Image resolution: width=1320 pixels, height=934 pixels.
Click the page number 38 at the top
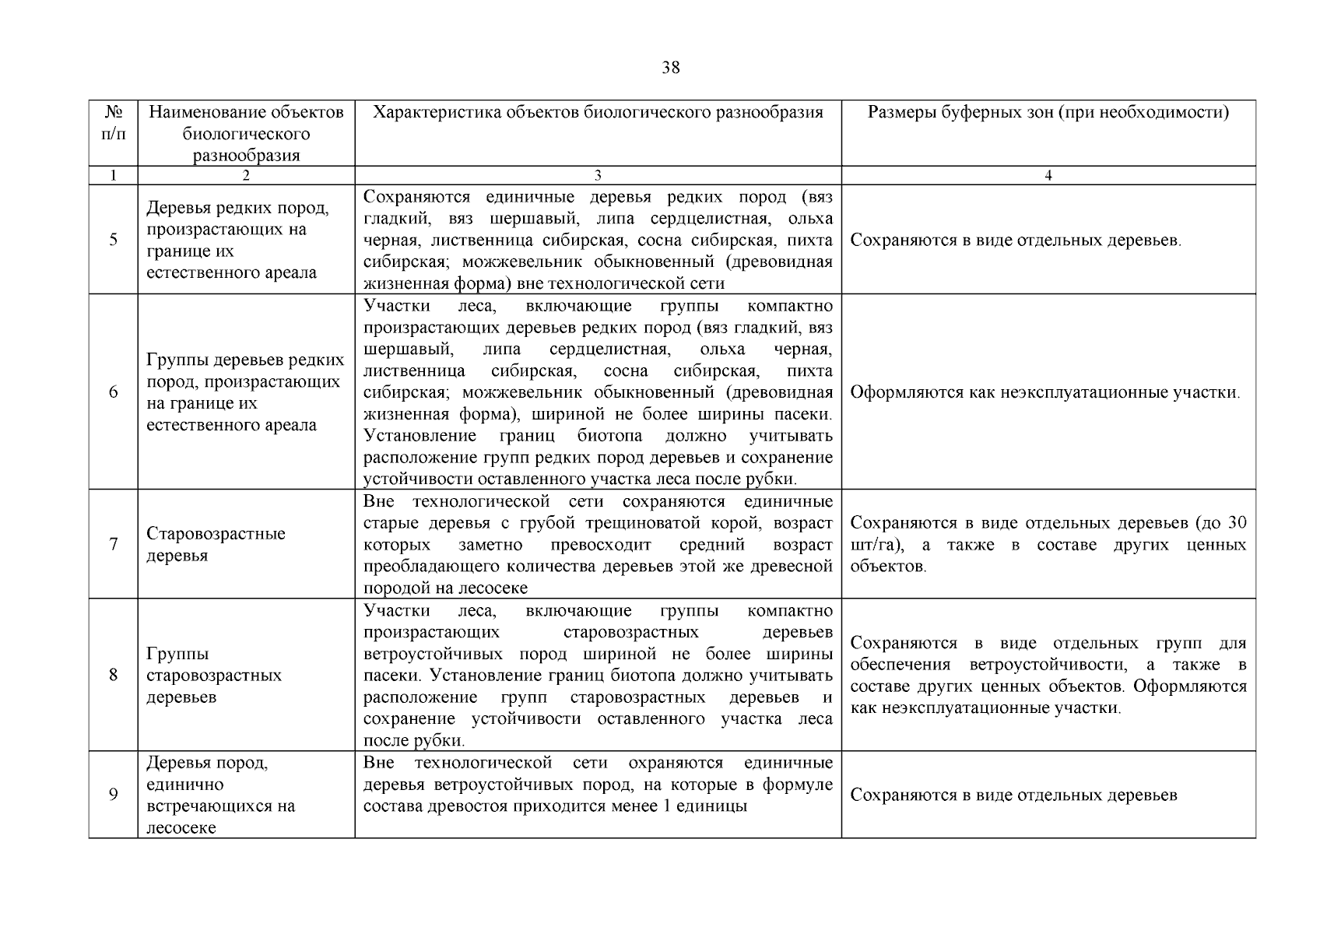pyautogui.click(x=670, y=68)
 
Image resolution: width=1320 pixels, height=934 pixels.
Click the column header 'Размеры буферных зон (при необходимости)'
pyautogui.click(x=1048, y=113)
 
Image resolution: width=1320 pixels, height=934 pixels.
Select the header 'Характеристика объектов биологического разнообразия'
pyautogui.click(x=598, y=113)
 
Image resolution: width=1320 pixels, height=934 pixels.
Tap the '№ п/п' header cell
pyautogui.click(x=113, y=123)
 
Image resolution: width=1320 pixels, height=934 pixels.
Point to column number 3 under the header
pyautogui.click(x=598, y=176)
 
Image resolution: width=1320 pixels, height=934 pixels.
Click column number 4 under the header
pyautogui.click(x=1048, y=176)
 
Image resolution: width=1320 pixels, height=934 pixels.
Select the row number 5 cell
pyautogui.click(x=114, y=240)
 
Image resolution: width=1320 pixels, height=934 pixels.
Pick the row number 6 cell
pyautogui.click(x=114, y=392)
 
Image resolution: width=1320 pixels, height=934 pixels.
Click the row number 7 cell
pyautogui.click(x=114, y=544)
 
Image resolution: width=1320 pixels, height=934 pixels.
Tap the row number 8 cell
pyautogui.click(x=114, y=675)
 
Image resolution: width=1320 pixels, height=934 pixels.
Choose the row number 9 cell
pyautogui.click(x=114, y=795)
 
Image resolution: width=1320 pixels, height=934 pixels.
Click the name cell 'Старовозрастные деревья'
pyautogui.click(x=216, y=544)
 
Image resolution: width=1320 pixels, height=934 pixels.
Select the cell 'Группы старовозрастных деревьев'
pyautogui.click(x=214, y=675)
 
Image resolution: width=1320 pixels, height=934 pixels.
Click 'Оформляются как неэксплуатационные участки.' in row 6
pyautogui.click(x=1044, y=392)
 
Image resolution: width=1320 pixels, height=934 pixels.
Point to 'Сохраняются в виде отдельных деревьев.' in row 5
pyautogui.click(x=1015, y=241)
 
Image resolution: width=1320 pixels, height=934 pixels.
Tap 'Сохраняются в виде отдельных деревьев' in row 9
pyautogui.click(x=1013, y=795)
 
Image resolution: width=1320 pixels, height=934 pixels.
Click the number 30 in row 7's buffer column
pyautogui.click(x=1236, y=523)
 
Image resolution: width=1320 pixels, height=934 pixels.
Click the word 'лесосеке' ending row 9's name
pyautogui.click(x=181, y=828)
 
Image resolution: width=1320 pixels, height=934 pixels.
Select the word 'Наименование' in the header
pyautogui.click(x=195, y=113)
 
